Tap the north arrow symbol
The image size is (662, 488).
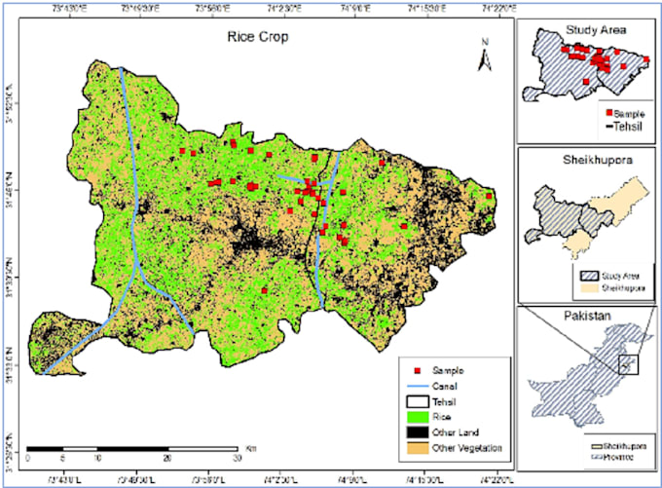pyautogui.click(x=482, y=56)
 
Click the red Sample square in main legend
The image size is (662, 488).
pyautogui.click(x=418, y=372)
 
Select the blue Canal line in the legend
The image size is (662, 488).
pyautogui.click(x=418, y=386)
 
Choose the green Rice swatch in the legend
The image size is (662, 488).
pyautogui.click(x=418, y=416)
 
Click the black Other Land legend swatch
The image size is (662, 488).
pyautogui.click(x=418, y=432)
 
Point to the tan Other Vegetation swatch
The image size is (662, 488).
pyautogui.click(x=418, y=447)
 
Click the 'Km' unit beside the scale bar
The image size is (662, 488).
pyautogui.click(x=250, y=447)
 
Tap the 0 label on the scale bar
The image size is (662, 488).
pyautogui.click(x=28, y=458)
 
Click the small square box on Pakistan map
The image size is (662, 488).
pyautogui.click(x=629, y=365)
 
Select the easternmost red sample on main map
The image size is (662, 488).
pyautogui.click(x=490, y=196)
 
